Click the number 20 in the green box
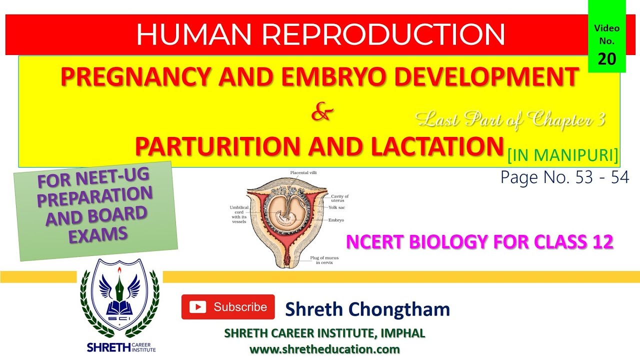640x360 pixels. (607, 58)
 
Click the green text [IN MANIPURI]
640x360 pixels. (562, 156)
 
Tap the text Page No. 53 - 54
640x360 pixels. (564, 177)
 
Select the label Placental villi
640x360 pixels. (303, 172)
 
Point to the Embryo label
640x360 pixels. (336, 220)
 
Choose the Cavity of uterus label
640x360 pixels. (339, 198)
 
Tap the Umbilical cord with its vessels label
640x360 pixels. (237, 214)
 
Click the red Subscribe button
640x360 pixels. (228, 307)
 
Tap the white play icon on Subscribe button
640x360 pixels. (198, 307)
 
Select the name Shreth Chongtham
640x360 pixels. (367, 309)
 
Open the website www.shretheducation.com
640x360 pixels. (324, 349)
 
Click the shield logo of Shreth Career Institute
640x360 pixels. (119, 305)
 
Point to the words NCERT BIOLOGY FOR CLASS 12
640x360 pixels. (479, 242)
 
